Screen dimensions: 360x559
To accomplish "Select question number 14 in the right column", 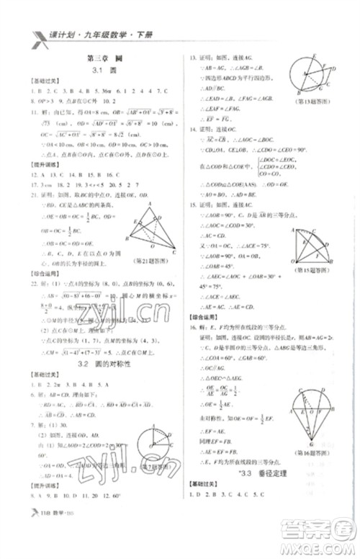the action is (193, 130).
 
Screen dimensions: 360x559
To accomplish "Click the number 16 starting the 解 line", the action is (193, 327).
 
